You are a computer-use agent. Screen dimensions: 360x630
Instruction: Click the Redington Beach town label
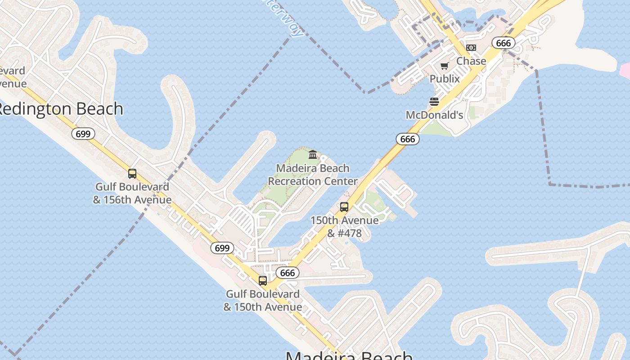point(61,109)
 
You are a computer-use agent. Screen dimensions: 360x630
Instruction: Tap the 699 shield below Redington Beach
point(83,134)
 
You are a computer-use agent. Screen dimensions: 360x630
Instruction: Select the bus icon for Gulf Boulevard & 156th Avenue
point(132,174)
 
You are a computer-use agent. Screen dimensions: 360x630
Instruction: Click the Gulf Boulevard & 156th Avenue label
point(132,193)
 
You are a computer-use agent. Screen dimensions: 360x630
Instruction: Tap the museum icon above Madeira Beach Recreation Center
point(313,155)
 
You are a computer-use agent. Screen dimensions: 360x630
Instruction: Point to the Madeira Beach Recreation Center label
point(313,175)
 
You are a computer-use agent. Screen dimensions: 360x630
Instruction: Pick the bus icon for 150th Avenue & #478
point(344,207)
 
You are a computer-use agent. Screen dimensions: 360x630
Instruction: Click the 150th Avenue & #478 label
point(344,227)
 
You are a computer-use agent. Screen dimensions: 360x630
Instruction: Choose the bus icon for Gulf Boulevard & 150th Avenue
point(263,281)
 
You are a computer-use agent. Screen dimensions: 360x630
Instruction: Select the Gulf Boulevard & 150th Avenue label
point(263,300)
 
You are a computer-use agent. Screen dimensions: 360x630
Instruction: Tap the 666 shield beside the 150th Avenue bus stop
point(288,273)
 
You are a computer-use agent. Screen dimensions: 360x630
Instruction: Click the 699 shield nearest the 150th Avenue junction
point(222,248)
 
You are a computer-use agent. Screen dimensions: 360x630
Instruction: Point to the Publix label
point(445,79)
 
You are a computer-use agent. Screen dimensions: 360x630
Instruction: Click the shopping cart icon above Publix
point(445,66)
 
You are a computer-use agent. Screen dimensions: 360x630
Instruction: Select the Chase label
point(471,61)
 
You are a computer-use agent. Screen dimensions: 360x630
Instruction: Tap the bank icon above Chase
point(471,48)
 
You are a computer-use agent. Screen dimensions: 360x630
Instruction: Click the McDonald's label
point(434,115)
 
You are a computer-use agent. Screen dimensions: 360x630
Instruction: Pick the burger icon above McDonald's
point(434,102)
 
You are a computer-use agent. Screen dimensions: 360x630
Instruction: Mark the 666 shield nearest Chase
point(503,43)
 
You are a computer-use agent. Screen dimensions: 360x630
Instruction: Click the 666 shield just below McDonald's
point(408,139)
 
